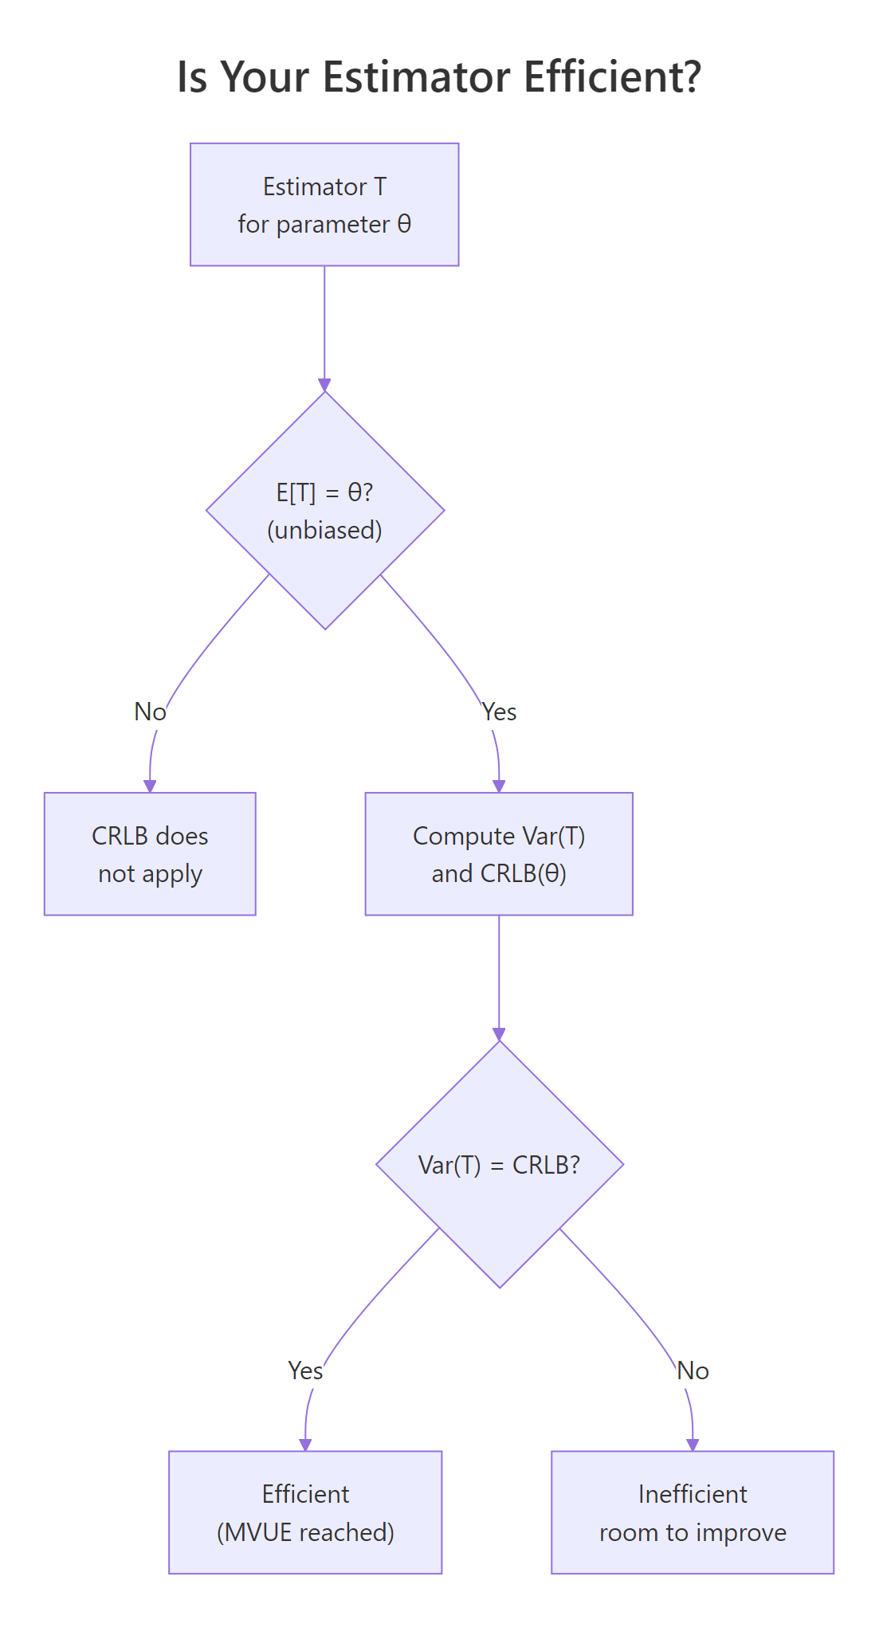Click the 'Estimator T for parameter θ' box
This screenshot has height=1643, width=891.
(x=324, y=205)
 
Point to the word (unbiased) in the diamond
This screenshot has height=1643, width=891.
(x=324, y=530)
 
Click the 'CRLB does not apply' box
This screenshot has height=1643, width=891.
(x=150, y=853)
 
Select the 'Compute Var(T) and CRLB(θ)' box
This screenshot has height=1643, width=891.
(x=499, y=853)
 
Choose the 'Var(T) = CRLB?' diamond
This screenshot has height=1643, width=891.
(x=500, y=1164)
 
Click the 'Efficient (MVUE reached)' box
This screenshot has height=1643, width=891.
(x=305, y=1512)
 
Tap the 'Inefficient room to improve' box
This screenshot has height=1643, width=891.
(x=693, y=1512)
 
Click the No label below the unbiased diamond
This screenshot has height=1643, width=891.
(x=150, y=712)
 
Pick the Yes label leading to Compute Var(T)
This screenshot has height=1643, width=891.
(x=500, y=712)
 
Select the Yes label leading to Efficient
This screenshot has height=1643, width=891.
(x=305, y=1370)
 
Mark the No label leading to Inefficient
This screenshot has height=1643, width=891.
(x=693, y=1370)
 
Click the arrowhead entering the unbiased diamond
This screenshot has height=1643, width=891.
(x=324, y=386)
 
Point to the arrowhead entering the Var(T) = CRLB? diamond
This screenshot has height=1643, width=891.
(x=499, y=1034)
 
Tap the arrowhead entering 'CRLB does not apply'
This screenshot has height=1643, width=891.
(x=150, y=786)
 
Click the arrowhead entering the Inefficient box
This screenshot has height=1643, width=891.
(x=693, y=1445)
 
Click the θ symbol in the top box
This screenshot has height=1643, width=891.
(x=404, y=224)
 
